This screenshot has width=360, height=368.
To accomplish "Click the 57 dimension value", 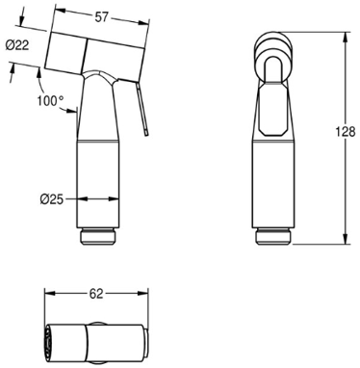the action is coord(101,17).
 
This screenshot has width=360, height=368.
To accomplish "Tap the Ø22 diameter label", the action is coord(17,45).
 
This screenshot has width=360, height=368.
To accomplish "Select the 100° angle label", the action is coord(50,100).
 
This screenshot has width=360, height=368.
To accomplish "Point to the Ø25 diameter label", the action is coord(52,199).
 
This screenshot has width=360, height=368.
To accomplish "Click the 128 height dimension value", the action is coord(345,132).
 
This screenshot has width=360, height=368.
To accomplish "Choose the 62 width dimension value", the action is coord(96,294).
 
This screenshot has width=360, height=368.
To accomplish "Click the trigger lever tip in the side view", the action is coord(146,132).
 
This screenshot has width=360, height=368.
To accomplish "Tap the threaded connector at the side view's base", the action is coord(97,237).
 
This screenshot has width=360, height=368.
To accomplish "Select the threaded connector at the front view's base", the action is coord(273,237).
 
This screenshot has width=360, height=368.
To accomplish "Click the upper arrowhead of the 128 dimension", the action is coord(346,38).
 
